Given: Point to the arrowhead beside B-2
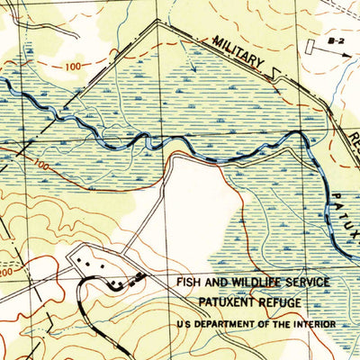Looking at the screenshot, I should click(349, 52).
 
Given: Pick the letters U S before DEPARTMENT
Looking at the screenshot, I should click(184, 324).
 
